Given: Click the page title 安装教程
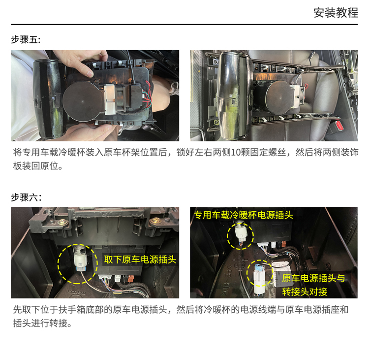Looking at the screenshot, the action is (336, 13).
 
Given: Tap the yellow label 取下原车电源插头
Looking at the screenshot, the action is (140, 260).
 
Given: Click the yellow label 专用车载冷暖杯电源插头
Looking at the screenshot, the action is (244, 215).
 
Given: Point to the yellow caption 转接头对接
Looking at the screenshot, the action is (305, 292).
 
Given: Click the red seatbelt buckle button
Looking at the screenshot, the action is (339, 125).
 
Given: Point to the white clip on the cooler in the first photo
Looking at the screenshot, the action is (109, 99).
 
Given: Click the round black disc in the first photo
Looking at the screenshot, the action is (83, 101).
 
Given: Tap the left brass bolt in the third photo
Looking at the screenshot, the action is (62, 222).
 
